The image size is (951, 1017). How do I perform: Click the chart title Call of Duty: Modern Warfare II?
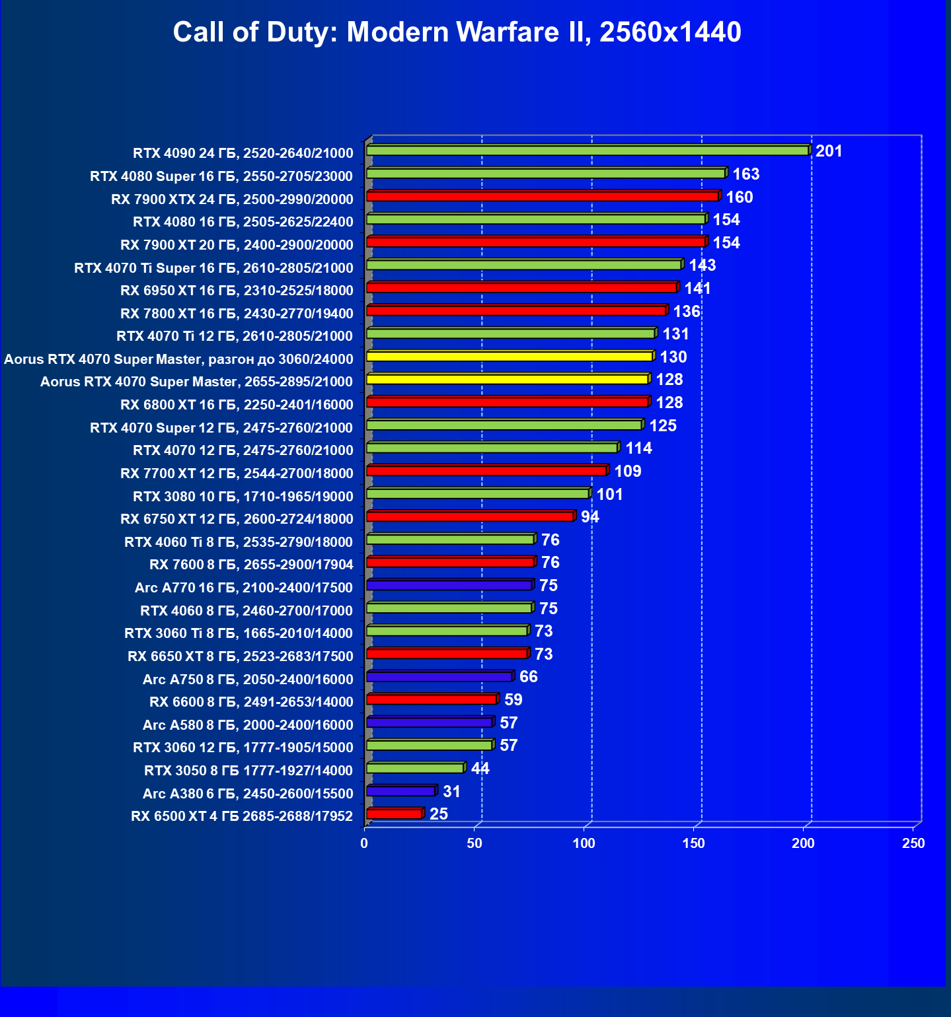coord(457,32)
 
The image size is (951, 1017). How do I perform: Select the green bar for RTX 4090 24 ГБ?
coord(588,151)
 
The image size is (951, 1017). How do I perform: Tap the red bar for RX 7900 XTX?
coord(543,196)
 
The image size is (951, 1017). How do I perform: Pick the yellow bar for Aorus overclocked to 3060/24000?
coord(510,357)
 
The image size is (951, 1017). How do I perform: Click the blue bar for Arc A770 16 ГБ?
coord(449,585)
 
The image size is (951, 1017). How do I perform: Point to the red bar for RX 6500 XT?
coord(395,814)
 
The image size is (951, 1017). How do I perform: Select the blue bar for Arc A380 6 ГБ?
coord(401,791)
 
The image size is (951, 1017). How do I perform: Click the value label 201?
coord(829,151)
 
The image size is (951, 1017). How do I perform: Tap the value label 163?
coord(746,174)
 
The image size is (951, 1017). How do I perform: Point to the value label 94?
coord(590,517)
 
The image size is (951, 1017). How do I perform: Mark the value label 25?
coord(439,814)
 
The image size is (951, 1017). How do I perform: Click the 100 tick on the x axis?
coord(584,843)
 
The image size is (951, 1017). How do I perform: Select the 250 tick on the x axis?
coord(913,843)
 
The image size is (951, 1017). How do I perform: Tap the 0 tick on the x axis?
coord(364,843)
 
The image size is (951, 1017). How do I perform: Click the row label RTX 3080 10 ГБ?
coord(243,496)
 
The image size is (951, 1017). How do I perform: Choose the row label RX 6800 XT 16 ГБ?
coord(237,405)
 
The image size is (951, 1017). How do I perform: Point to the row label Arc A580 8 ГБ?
coord(248,725)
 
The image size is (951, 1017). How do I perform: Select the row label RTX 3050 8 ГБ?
coord(248,771)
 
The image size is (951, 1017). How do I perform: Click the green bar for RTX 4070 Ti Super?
coord(524,265)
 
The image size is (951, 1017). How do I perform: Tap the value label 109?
coord(628,472)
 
